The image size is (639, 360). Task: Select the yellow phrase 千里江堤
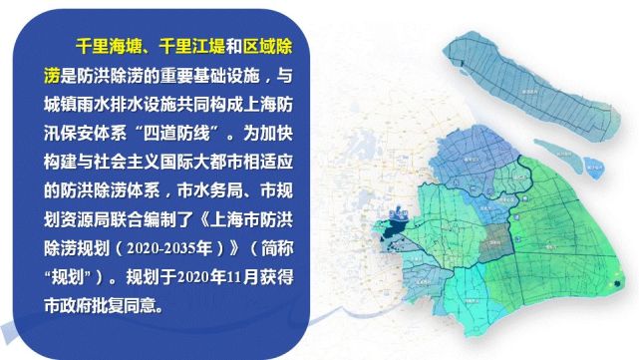click(x=187, y=47)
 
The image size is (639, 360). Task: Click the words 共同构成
click(x=208, y=101)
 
